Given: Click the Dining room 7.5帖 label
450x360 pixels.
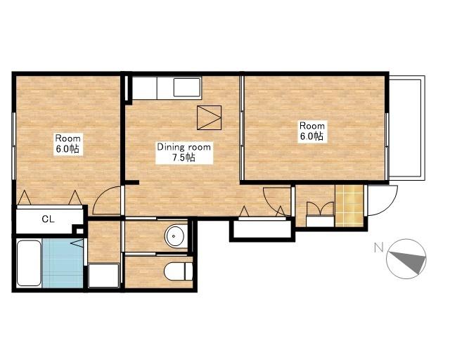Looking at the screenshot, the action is point(184,153).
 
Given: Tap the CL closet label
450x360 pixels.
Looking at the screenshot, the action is point(48,219).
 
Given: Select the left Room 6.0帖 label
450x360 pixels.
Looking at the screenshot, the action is point(68,144).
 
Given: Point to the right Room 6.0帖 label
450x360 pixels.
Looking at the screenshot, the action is point(312,131).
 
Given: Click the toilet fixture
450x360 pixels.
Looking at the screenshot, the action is point(179,271).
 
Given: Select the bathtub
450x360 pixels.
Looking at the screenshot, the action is point(28,263).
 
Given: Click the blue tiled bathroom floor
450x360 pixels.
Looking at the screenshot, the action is point(63,263).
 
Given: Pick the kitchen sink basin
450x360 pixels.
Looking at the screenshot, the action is point(187,87).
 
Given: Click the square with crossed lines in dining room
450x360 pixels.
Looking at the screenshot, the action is point(210,117).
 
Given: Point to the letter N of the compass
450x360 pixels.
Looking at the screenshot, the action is point(379,247).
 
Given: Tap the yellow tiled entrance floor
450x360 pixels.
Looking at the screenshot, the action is point(349,206).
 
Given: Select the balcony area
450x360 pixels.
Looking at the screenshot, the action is point(406,128).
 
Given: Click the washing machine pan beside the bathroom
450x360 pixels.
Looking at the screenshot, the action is point(103,275).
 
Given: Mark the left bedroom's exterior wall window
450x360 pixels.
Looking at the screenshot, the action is point(13,146).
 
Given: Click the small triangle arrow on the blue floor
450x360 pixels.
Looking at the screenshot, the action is point(77,243).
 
